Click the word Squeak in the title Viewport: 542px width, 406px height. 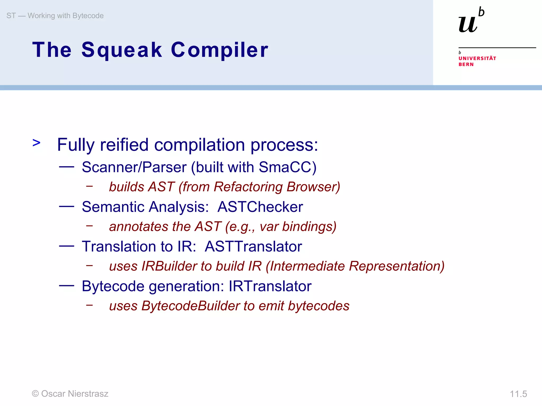pos(122,50)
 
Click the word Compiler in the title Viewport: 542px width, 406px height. pos(219,50)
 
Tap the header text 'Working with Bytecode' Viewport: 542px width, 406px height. pos(65,16)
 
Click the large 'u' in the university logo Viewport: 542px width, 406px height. pos(468,24)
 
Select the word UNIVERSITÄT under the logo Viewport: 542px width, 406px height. pos(477,58)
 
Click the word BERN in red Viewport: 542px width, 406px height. pos(466,64)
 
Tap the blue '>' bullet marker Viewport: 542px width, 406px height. pos(37,143)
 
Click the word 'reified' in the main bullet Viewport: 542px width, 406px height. pos(124,145)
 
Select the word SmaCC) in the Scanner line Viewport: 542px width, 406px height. pos(287,167)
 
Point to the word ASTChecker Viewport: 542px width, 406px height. pos(260,207)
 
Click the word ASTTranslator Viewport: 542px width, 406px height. pos(253,247)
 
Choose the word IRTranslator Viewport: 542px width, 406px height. pos(270,286)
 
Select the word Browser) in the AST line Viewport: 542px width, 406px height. pos(313,187)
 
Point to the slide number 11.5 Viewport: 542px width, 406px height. pos(518,394)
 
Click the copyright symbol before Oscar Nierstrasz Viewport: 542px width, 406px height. pos(35,394)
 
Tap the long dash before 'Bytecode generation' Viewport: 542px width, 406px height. pos(66,286)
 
